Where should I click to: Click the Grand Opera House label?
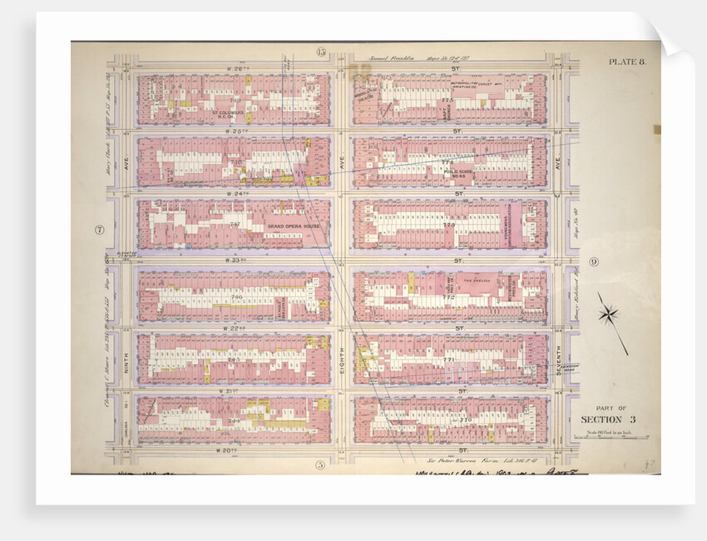pos(295,226)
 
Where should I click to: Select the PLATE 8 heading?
pos(627,62)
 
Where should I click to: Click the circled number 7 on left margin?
pos(99,231)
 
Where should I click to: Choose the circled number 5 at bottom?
pos(319,464)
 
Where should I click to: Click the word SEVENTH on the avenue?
pos(560,360)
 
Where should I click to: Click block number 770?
pos(465,420)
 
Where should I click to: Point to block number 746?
pos(236,296)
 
